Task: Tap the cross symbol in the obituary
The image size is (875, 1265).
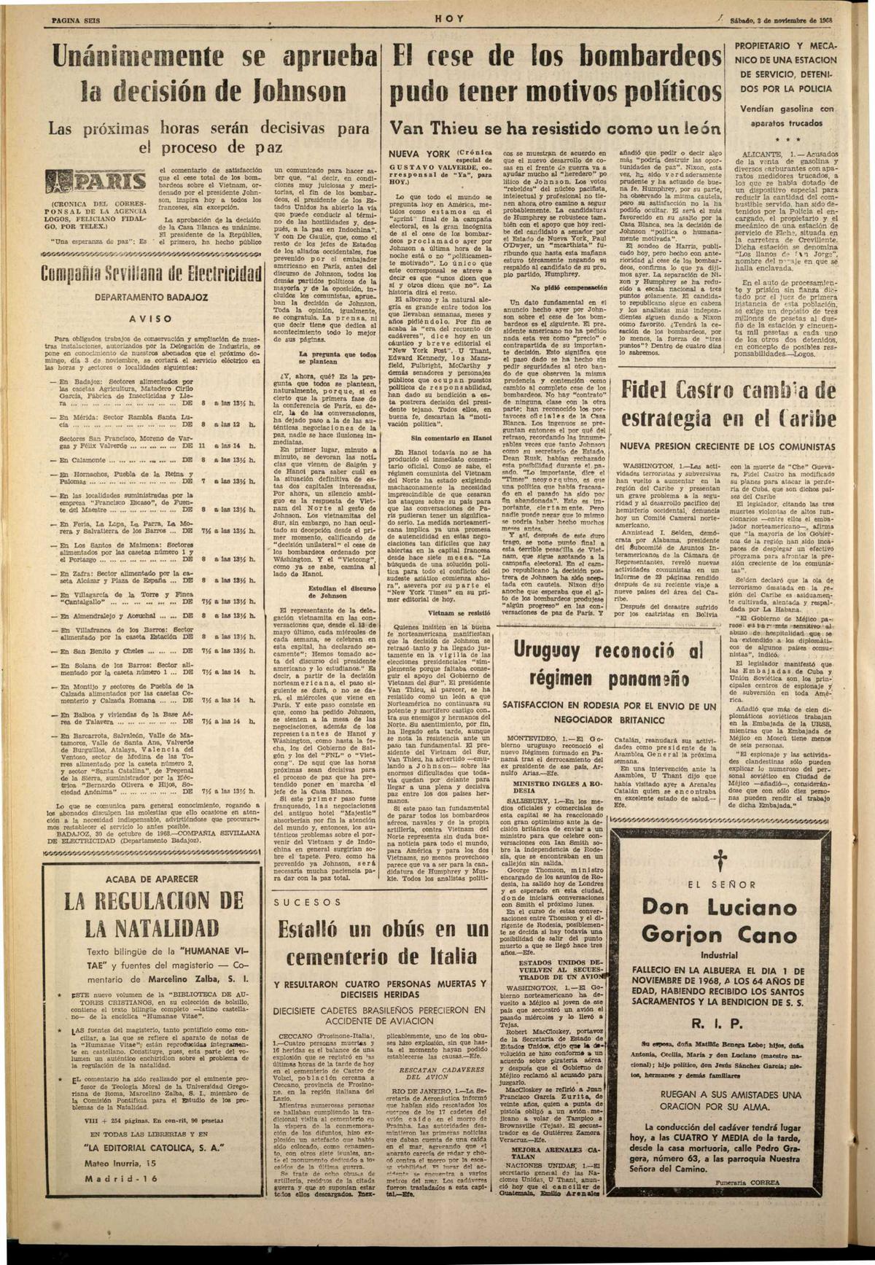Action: pyautogui.click(x=742, y=857)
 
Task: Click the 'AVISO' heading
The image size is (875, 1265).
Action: pyautogui.click(x=152, y=318)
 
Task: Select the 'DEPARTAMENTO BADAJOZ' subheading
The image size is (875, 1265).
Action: pyautogui.click(x=151, y=297)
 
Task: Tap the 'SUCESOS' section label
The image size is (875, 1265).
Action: pyautogui.click(x=308, y=902)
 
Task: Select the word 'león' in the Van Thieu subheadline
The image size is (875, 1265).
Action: pyautogui.click(x=696, y=129)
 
